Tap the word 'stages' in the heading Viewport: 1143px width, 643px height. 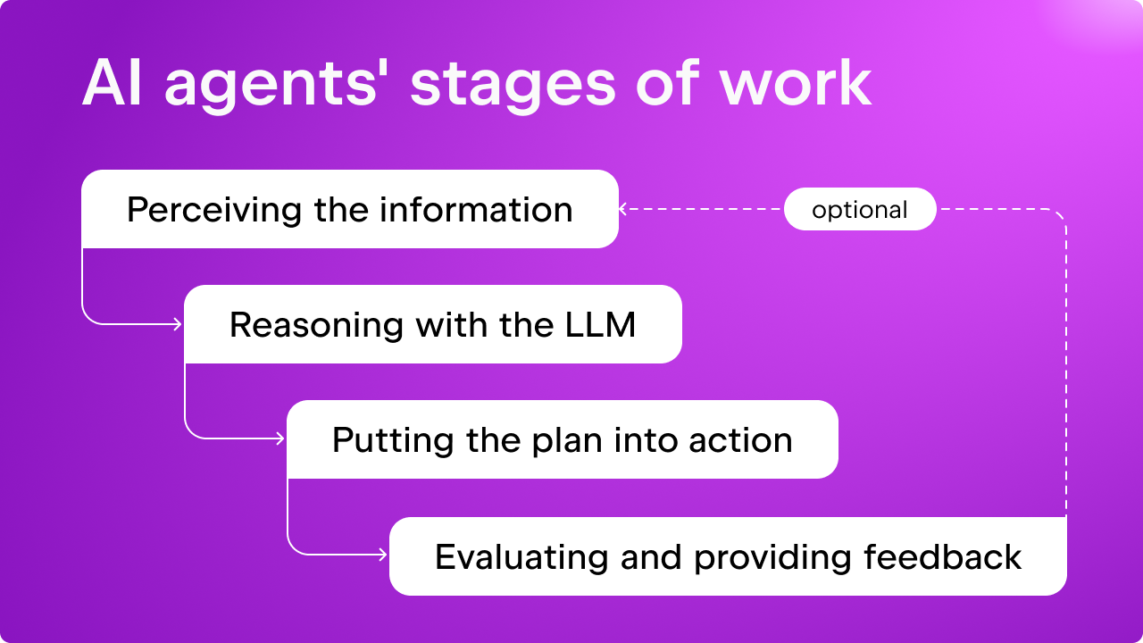click(x=513, y=85)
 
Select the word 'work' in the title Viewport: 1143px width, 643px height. click(x=796, y=81)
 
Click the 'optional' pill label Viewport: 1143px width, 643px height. click(x=860, y=210)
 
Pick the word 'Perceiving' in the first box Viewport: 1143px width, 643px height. click(x=214, y=210)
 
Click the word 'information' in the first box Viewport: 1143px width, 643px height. click(x=476, y=209)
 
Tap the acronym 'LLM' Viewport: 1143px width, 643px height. click(x=601, y=324)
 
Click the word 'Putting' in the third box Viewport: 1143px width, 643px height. click(x=393, y=440)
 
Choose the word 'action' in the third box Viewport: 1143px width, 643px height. click(x=740, y=440)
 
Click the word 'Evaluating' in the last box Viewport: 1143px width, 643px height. click(x=521, y=557)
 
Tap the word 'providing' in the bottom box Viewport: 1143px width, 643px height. click(x=772, y=557)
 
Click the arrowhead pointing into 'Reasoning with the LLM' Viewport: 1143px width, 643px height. click(x=178, y=324)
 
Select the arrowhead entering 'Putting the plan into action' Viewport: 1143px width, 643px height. click(x=280, y=438)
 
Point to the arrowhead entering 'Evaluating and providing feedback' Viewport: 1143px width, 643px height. click(x=383, y=555)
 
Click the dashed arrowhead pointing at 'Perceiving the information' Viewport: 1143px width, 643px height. click(x=622, y=209)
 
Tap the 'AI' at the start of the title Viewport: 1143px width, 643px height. click(x=112, y=83)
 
